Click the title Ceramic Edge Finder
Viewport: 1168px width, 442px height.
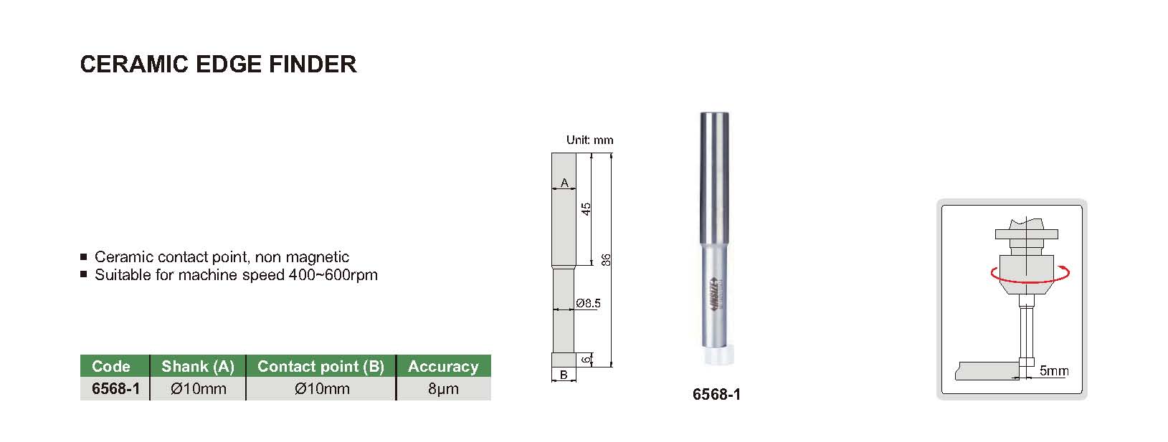219,64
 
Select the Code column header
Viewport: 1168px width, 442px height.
111,366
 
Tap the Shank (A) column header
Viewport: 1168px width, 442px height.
198,366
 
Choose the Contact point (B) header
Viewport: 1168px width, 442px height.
321,366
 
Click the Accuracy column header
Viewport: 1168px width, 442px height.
443,366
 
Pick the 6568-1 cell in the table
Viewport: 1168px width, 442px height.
115,389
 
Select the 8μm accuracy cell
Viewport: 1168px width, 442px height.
443,390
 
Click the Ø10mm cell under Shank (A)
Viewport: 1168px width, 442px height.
198,389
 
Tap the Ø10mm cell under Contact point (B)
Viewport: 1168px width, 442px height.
322,389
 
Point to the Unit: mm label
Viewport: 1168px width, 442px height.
589,140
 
